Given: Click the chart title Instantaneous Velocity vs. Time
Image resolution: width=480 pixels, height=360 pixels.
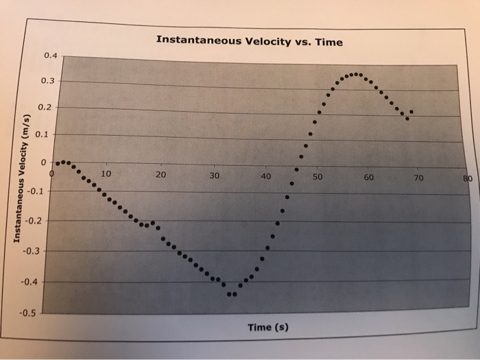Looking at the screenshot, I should coord(249,40).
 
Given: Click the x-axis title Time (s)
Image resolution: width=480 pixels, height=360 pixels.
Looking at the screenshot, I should coord(267,327).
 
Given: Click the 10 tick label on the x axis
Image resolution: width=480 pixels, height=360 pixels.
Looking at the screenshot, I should coord(106,174).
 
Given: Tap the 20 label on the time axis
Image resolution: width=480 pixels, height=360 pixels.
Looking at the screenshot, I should coord(160,175).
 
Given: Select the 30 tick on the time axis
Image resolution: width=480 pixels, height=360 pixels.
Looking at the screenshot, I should coord(214,176).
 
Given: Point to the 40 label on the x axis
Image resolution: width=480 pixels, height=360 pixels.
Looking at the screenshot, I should coord(266,177).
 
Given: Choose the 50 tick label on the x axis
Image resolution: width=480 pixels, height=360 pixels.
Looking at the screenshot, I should coord(317,178).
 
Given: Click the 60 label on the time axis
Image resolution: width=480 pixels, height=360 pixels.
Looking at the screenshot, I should coord(369,178).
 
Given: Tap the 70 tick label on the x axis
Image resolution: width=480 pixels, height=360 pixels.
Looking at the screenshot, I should coord(419,179).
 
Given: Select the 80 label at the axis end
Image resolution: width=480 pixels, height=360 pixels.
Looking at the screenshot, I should coord(468,180).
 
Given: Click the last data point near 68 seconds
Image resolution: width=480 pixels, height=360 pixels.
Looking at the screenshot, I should coord(411,112).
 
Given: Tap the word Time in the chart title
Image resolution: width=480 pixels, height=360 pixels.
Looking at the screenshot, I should coord(328,42).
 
